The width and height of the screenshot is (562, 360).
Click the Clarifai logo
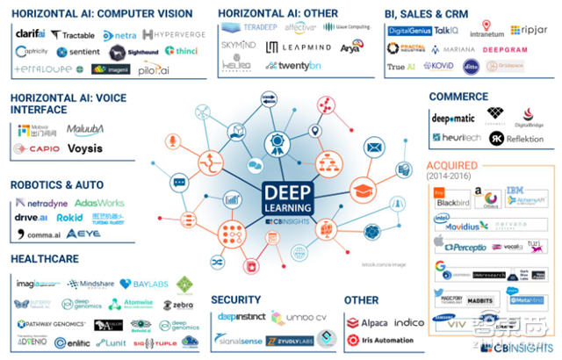(31, 33)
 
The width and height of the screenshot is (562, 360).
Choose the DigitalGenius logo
(409, 30)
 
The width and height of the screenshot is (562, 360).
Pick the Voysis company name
(85, 148)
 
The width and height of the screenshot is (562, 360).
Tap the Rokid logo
(70, 218)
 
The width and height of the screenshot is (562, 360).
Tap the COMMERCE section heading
(458, 97)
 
